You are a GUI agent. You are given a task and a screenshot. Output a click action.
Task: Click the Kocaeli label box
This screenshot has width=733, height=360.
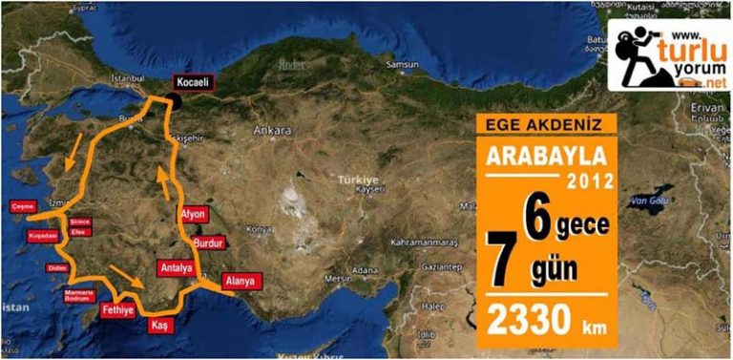(x=194, y=84)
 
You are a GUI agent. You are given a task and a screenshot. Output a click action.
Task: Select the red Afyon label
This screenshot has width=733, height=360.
(x=192, y=215)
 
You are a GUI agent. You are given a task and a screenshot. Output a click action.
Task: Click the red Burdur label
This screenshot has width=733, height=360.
(x=207, y=244)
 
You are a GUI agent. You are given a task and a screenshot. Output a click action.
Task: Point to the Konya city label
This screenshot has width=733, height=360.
(x=258, y=229)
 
